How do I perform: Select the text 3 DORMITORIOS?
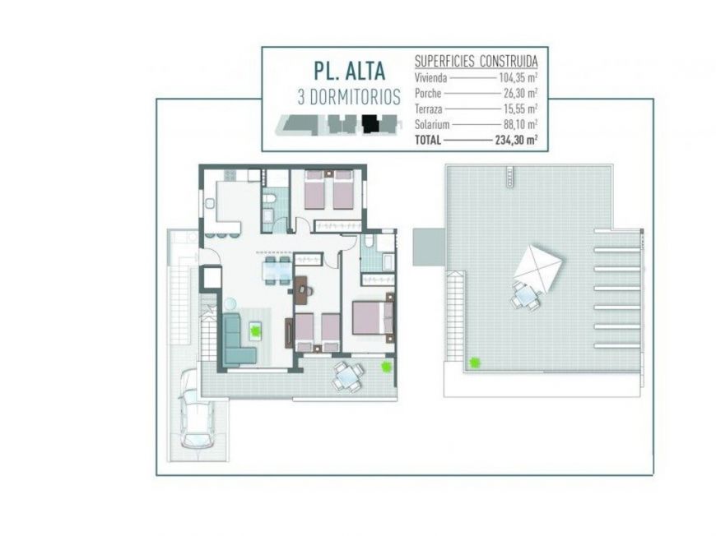pyautogui.click(x=349, y=97)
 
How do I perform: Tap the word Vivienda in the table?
pyautogui.click(x=430, y=77)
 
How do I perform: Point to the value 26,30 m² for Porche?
pyautogui.click(x=518, y=93)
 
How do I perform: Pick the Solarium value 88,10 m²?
pyautogui.click(x=518, y=124)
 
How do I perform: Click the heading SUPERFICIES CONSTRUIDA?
pyautogui.click(x=476, y=61)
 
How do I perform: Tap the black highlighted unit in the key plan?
pyautogui.click(x=371, y=124)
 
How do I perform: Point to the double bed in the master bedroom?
pyautogui.click(x=372, y=317)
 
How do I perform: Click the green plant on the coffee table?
pyautogui.click(x=256, y=330)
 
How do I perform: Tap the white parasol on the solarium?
pyautogui.click(x=537, y=266)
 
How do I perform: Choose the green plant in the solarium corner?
pyautogui.click(x=474, y=362)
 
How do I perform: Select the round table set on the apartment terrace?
pyautogui.click(x=348, y=376)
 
